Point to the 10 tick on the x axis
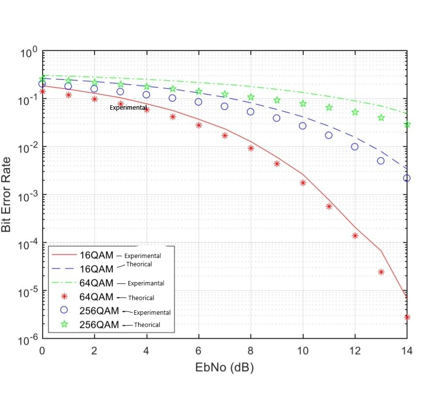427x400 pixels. pos(303,351)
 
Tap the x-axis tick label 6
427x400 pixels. pos(198,351)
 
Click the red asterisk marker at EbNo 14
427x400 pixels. pos(406,317)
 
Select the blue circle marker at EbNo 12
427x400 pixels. pos(355,147)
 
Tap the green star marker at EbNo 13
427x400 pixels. pos(381,118)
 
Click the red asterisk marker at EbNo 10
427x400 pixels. pos(303,183)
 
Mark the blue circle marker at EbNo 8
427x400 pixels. pos(251,112)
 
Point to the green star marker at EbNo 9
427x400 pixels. pos(277,100)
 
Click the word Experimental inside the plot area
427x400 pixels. pos(128,107)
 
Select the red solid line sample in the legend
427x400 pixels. pos(64,255)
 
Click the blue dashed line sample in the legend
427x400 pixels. pos(64,269)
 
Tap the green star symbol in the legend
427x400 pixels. pos(64,324)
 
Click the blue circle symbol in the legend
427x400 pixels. pos(64,310)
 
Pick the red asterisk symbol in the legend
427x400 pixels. pos(64,297)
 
